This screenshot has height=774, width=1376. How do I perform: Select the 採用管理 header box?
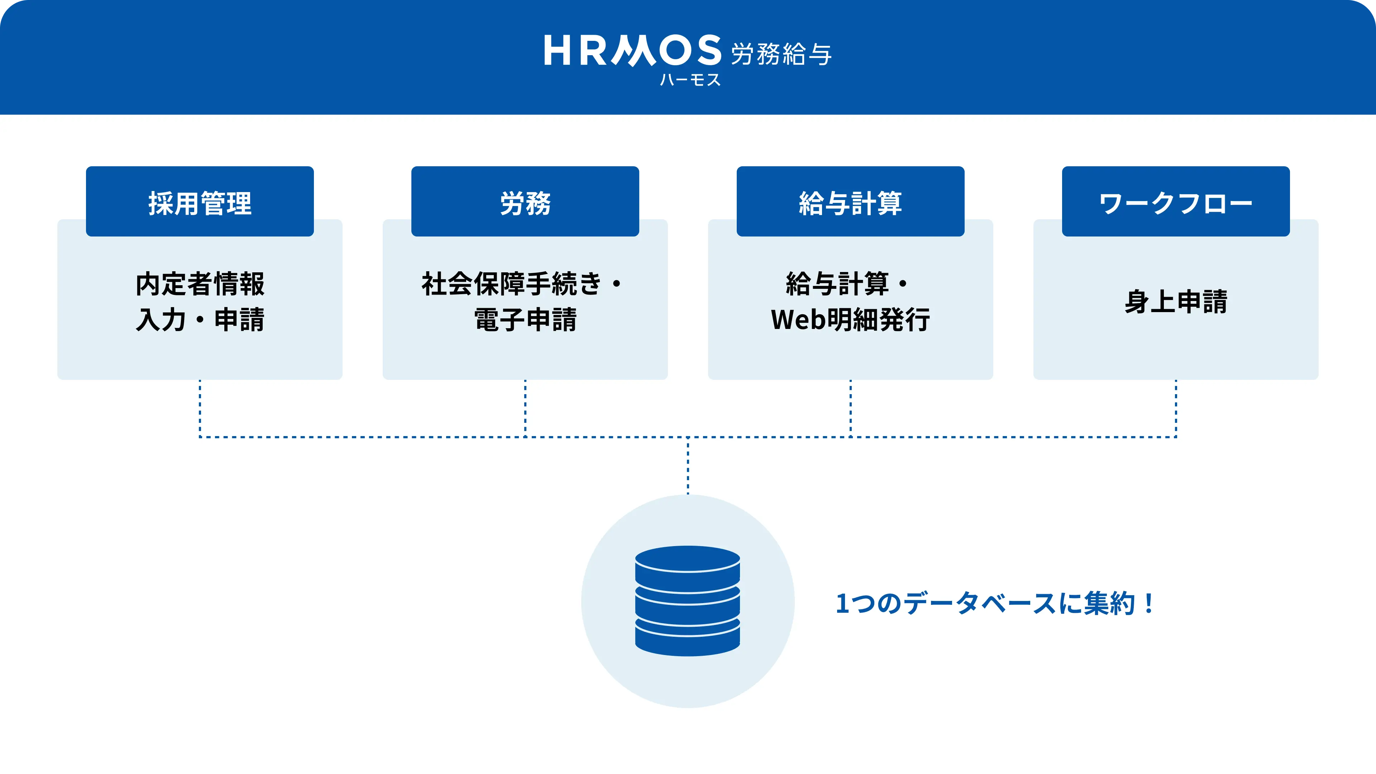200,201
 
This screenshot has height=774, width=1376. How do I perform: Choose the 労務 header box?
525,201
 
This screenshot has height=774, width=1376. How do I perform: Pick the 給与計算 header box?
850,201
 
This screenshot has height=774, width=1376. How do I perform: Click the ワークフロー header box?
1176,201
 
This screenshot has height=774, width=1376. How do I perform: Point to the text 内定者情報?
200,284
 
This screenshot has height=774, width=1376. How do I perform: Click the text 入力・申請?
200,319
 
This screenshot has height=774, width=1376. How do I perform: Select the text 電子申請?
525,319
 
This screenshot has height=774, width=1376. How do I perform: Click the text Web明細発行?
850,319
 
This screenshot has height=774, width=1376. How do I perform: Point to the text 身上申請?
1176,301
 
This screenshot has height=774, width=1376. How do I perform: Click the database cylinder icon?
688,601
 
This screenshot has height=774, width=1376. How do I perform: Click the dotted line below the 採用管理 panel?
200,408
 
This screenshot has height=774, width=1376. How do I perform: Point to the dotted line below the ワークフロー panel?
1176,408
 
